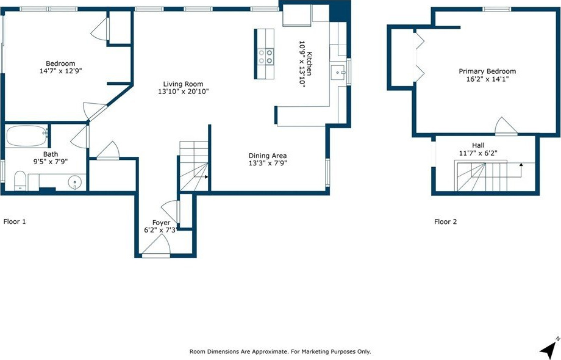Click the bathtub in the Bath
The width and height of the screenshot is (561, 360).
(27, 135)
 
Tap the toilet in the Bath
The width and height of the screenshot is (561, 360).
(20, 181)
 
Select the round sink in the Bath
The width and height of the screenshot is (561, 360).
(74, 182)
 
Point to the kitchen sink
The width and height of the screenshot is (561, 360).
(338, 73)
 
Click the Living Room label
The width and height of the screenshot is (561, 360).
(183, 84)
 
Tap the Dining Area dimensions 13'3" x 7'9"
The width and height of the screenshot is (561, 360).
(268, 163)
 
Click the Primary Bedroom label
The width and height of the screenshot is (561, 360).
(487, 71)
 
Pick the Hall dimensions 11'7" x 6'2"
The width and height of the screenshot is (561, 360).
(478, 153)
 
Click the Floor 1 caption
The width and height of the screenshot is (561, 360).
(15, 221)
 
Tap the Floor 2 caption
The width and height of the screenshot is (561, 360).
(445, 221)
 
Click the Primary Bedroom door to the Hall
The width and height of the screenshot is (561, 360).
(506, 126)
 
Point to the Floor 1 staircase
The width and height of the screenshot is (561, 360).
(193, 166)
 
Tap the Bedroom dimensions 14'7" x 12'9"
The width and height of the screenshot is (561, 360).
(61, 71)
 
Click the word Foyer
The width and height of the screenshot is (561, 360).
(161, 223)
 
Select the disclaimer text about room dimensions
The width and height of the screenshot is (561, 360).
(280, 352)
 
